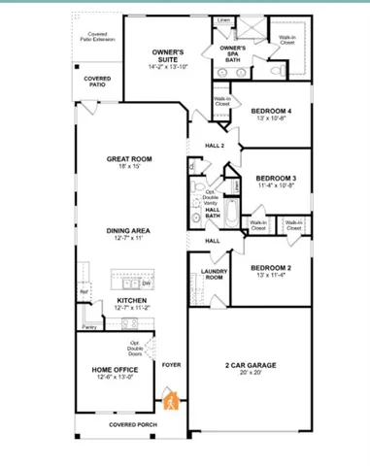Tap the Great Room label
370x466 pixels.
click(x=126, y=158)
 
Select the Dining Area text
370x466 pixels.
click(x=125, y=229)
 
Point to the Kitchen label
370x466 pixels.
click(x=131, y=301)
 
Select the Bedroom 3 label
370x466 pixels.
click(x=275, y=178)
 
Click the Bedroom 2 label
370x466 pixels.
click(x=272, y=267)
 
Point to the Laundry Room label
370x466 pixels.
click(x=214, y=275)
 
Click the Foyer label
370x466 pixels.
click(x=172, y=365)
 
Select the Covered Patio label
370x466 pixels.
click(x=97, y=81)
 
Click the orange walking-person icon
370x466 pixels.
click(x=172, y=399)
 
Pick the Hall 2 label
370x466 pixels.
click(x=215, y=146)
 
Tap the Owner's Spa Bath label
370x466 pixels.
click(x=232, y=53)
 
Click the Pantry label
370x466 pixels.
click(x=88, y=327)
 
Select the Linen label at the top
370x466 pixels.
click(x=224, y=19)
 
